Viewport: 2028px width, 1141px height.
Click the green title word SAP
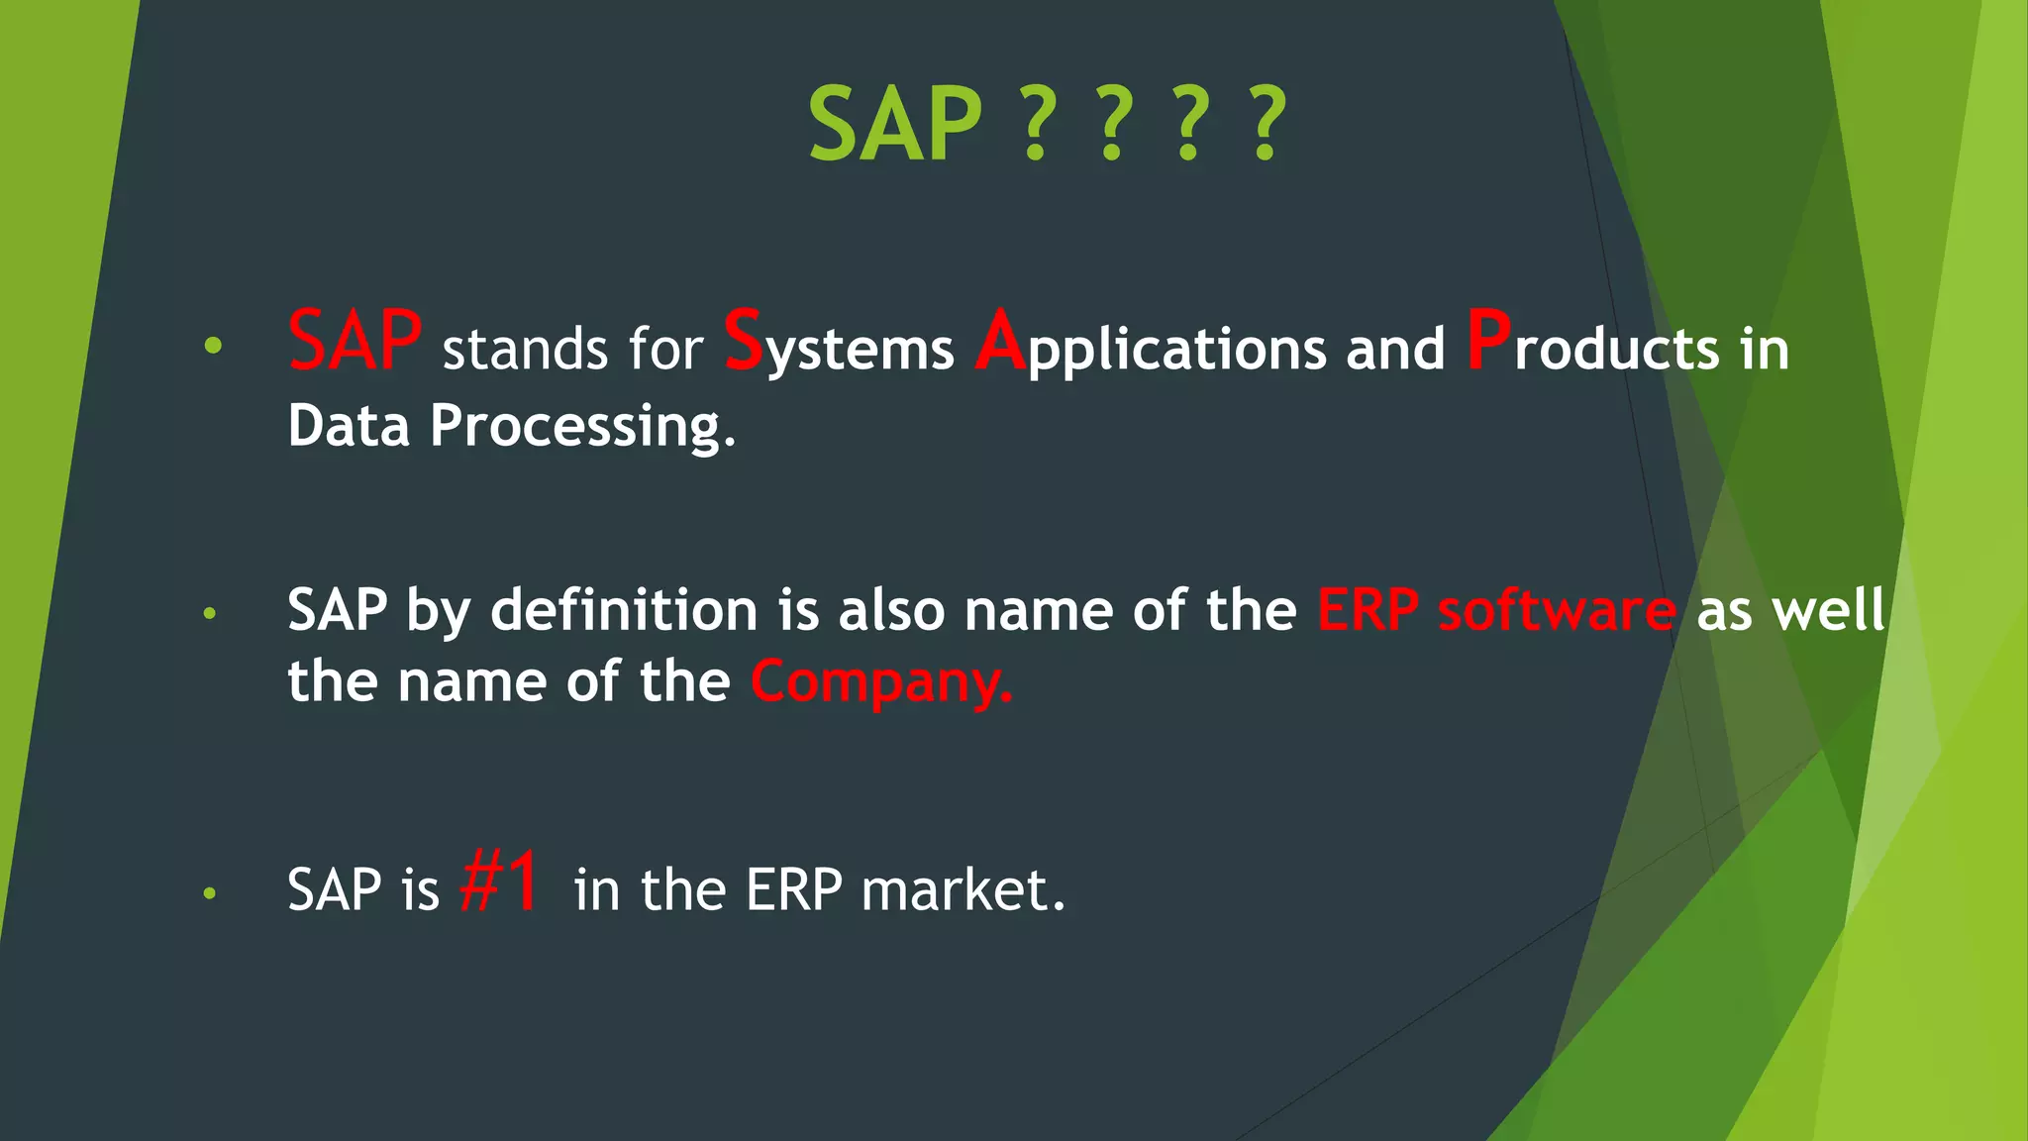pyautogui.click(x=895, y=125)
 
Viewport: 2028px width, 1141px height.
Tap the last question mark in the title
pyautogui.click(x=1267, y=125)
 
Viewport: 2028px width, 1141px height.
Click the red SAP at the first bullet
pyautogui.click(x=355, y=341)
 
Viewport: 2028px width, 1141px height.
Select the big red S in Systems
pyautogui.click(x=743, y=341)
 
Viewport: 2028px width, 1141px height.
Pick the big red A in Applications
pyautogui.click(x=1000, y=341)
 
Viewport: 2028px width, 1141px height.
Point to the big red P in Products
pyautogui.click(x=1488, y=341)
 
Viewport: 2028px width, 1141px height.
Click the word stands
pyautogui.click(x=525, y=351)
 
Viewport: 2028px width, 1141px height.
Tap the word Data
pyautogui.click(x=349, y=426)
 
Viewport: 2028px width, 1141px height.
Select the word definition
pyautogui.click(x=624, y=609)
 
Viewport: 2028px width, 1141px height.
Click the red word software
pyautogui.click(x=1557, y=610)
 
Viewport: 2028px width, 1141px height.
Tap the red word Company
pyautogui.click(x=879, y=682)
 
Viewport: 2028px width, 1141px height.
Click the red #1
pyautogui.click(x=500, y=881)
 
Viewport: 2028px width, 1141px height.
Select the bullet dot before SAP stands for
pyautogui.click(x=213, y=346)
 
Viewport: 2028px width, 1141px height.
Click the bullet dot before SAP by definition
pyautogui.click(x=209, y=614)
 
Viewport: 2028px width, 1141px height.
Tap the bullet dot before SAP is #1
pyautogui.click(x=209, y=893)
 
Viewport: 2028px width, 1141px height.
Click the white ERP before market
pyautogui.click(x=793, y=889)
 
